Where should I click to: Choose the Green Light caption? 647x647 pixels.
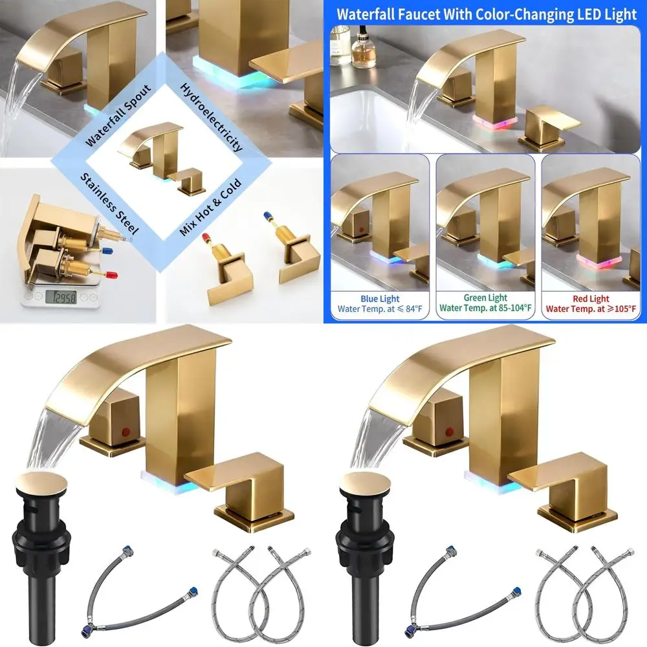click(485, 298)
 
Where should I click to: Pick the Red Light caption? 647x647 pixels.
click(591, 298)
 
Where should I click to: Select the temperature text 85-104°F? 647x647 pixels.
click(510, 309)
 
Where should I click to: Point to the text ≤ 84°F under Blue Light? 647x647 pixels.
click(405, 309)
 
